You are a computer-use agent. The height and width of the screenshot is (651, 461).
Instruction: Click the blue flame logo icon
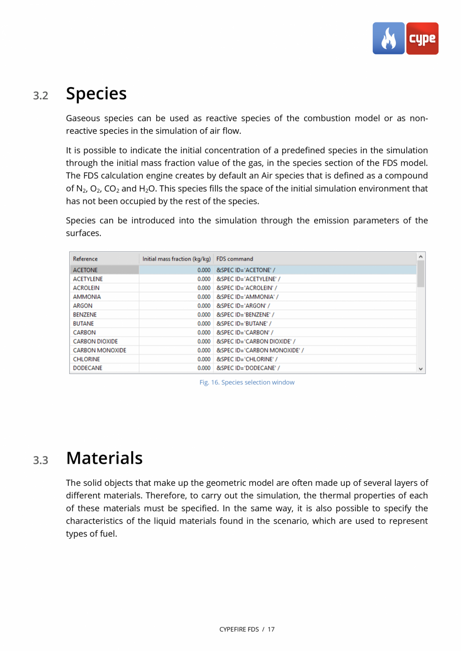click(x=388, y=39)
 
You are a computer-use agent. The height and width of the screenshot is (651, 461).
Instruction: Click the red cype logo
click(x=422, y=39)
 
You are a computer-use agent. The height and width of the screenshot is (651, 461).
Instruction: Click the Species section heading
click(x=96, y=94)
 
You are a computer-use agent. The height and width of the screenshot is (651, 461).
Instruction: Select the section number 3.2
click(x=41, y=96)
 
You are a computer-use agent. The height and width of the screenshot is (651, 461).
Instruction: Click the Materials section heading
click(x=104, y=458)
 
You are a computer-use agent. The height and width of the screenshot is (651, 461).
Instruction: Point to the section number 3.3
click(x=41, y=460)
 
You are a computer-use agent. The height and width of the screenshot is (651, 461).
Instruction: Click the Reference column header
click(x=85, y=259)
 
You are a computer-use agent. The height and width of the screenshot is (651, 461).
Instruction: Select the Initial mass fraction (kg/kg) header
click(x=176, y=259)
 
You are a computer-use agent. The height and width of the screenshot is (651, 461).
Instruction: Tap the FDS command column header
click(x=235, y=259)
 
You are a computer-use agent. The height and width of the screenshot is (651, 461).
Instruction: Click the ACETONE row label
click(x=85, y=270)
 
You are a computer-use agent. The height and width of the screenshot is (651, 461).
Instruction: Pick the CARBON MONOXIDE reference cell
click(x=99, y=350)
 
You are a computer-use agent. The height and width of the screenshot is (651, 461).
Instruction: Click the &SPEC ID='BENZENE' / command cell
click(x=245, y=314)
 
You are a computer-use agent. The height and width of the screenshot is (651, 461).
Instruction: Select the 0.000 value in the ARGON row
click(x=203, y=305)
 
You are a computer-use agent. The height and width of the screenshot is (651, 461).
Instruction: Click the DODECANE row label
click(x=88, y=368)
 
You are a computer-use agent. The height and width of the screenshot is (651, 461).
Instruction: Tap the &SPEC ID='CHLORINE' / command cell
click(x=247, y=359)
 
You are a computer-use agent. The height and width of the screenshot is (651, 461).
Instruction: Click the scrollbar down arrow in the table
click(x=421, y=369)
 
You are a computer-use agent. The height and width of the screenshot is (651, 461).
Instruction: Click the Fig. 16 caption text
click(x=247, y=383)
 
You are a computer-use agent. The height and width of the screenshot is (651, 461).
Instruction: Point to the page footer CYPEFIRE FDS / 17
click(x=247, y=629)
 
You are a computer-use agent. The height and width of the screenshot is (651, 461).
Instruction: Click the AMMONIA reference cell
click(x=87, y=296)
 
